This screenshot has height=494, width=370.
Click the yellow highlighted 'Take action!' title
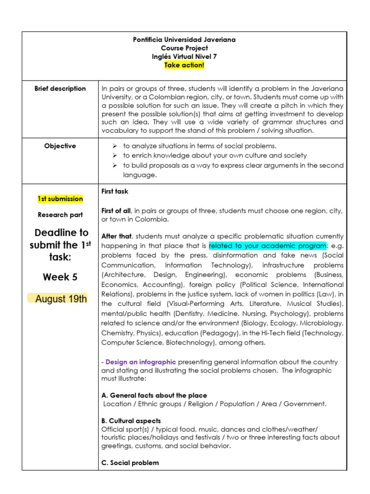184,65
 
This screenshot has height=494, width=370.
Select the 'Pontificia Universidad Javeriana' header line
184,40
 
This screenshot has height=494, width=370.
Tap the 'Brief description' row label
60,88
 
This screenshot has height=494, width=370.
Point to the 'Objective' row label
60,146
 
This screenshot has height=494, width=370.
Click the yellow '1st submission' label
60,199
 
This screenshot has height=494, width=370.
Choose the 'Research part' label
60,215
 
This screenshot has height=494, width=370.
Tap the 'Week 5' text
60,277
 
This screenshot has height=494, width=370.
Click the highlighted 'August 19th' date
61,299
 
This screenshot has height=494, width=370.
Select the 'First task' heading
115,192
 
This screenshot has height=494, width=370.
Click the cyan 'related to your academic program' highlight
267,246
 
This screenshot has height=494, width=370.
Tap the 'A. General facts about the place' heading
154,395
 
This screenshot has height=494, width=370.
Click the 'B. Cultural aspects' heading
131,421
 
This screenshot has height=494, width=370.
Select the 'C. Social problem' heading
130,463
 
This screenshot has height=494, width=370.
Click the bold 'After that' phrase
116,236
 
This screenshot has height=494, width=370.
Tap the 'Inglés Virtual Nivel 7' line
184,56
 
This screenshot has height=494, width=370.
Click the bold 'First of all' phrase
117,210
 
